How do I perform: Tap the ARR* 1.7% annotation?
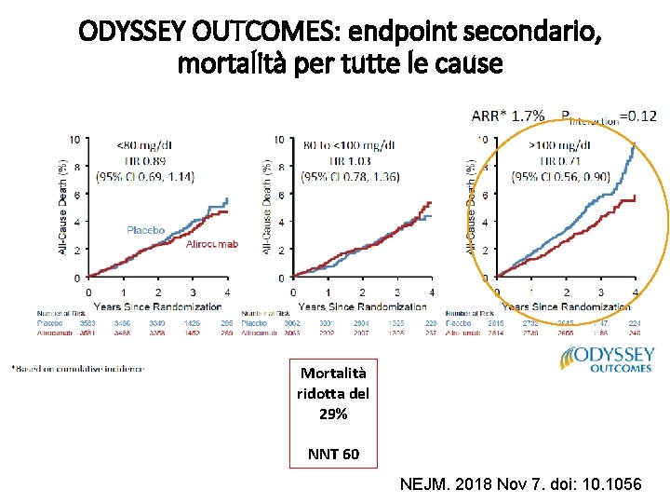pyautogui.click(x=508, y=116)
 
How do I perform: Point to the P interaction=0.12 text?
pyautogui.click(x=609, y=117)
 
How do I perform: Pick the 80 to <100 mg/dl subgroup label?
pyautogui.click(x=348, y=145)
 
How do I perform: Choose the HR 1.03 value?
pyautogui.click(x=348, y=160)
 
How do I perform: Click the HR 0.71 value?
pyautogui.click(x=558, y=160)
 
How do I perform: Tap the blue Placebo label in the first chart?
pyautogui.click(x=146, y=229)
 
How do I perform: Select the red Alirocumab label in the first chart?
pyautogui.click(x=212, y=244)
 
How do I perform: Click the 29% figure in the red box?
pyautogui.click(x=334, y=414)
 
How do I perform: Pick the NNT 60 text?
pyautogui.click(x=334, y=454)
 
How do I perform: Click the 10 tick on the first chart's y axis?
pyautogui.click(x=74, y=140)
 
